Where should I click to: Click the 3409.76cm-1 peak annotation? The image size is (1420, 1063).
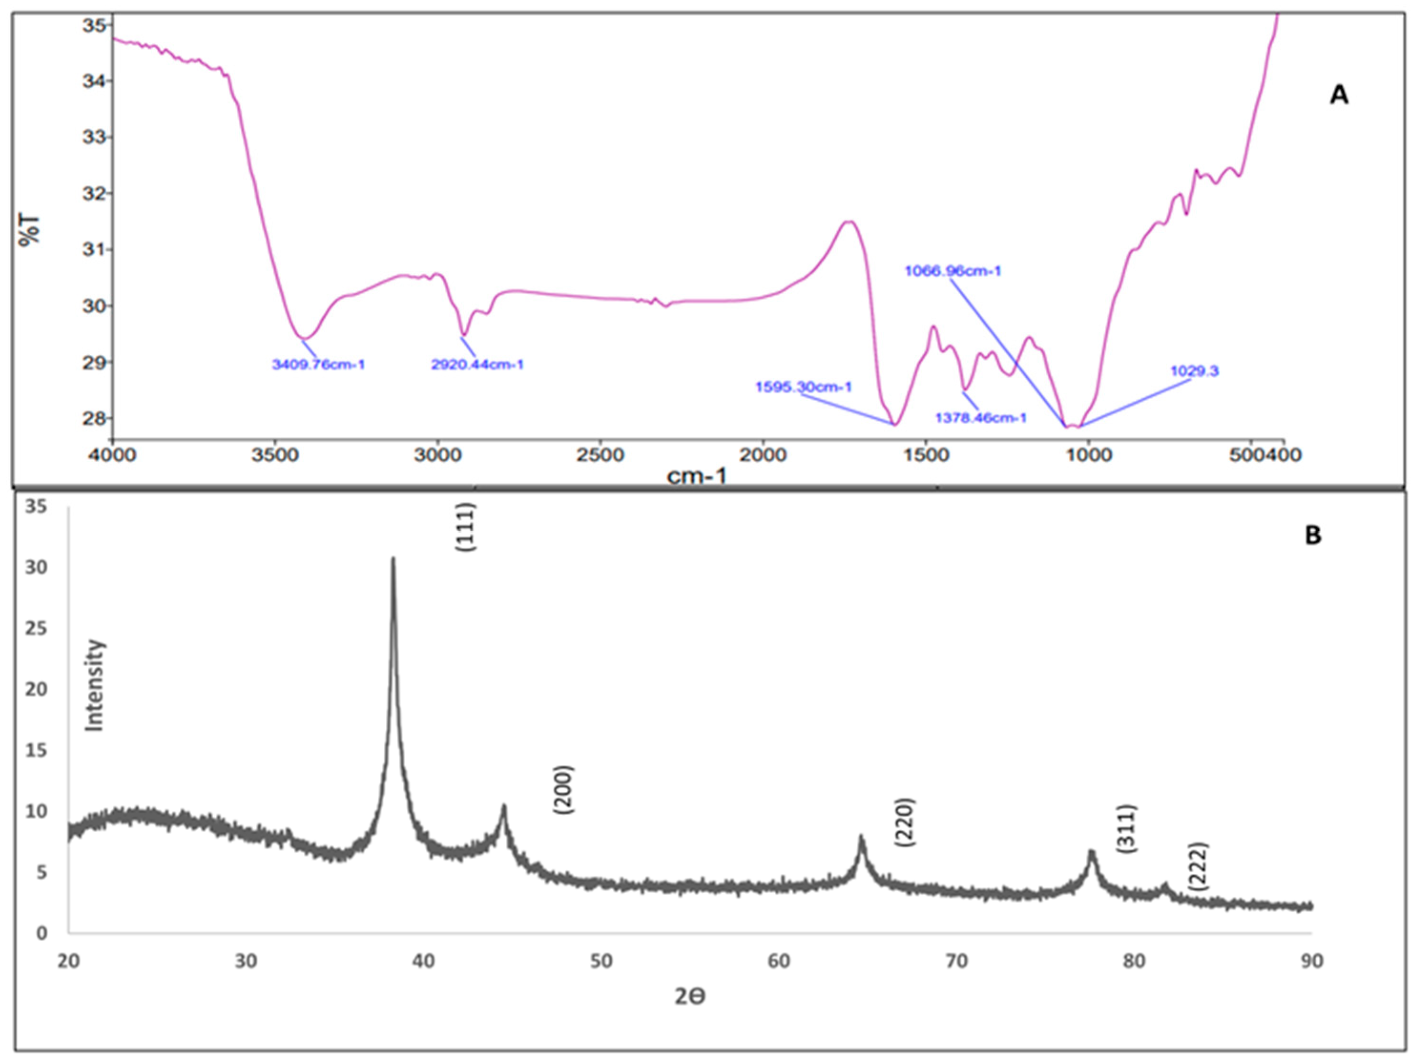pyautogui.click(x=319, y=365)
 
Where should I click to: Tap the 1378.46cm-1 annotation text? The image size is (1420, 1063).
pyautogui.click(x=981, y=418)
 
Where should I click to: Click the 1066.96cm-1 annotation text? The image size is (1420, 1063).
pyautogui.click(x=953, y=271)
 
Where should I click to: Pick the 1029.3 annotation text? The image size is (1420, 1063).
pyautogui.click(x=1194, y=371)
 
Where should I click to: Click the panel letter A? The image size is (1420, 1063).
pyautogui.click(x=1338, y=96)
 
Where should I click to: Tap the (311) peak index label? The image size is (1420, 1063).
pyautogui.click(x=1127, y=828)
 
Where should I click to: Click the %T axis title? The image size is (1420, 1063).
pyautogui.click(x=30, y=230)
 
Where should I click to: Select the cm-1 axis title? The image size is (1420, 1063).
pyautogui.click(x=697, y=476)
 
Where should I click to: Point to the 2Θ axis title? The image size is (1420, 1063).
pyautogui.click(x=690, y=996)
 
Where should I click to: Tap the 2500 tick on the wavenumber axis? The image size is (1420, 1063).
pyautogui.click(x=600, y=455)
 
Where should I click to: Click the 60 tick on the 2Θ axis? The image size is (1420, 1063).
pyautogui.click(x=779, y=961)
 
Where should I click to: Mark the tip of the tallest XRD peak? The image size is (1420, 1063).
pyautogui.click(x=393, y=558)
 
